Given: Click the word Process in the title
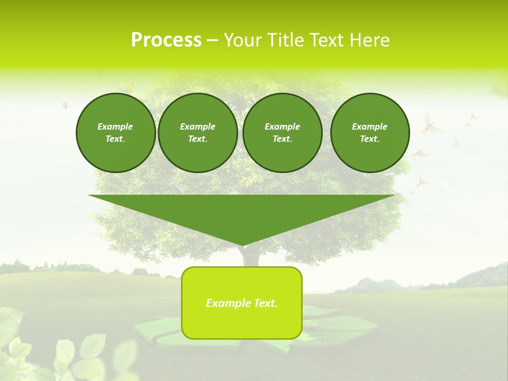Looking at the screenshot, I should click(x=166, y=40).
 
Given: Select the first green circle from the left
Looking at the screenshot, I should click(x=115, y=132).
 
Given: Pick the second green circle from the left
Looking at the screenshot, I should click(x=197, y=132).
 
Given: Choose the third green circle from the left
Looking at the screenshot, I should click(x=282, y=132).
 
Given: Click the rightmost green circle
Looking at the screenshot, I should click(x=369, y=132).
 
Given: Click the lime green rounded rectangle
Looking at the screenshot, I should click(x=242, y=323).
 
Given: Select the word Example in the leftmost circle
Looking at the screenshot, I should click(x=115, y=126).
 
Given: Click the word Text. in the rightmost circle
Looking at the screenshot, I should click(x=369, y=139).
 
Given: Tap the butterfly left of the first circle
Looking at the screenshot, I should click(x=65, y=105).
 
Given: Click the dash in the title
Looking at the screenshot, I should click(x=212, y=40).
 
